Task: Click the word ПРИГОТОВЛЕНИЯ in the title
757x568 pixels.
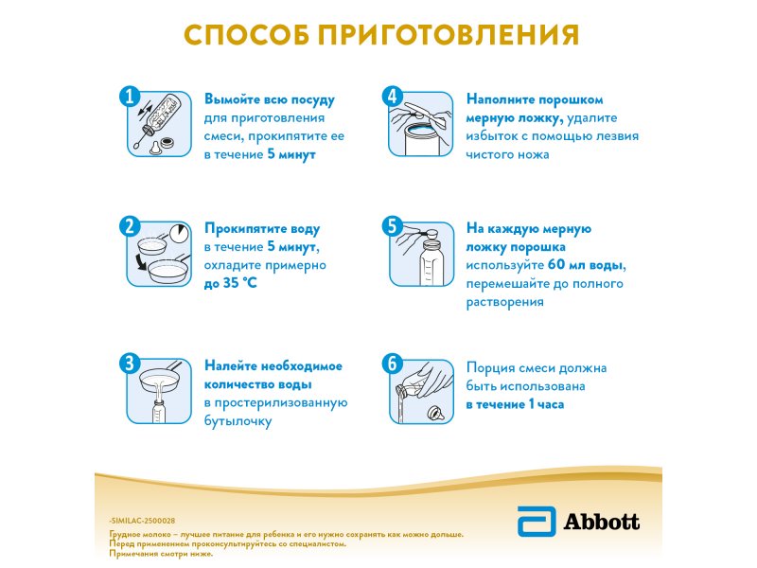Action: pyautogui.click(x=448, y=35)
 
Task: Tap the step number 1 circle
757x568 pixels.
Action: pyautogui.click(x=130, y=97)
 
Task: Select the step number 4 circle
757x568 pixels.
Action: pyautogui.click(x=392, y=97)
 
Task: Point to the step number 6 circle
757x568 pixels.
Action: pyautogui.click(x=392, y=364)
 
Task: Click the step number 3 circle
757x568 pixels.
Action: pyautogui.click(x=130, y=364)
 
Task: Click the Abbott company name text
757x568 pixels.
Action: pyautogui.click(x=601, y=522)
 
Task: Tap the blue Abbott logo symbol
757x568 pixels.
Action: pyautogui.click(x=537, y=522)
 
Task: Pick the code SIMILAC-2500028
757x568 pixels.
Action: pyautogui.click(x=142, y=521)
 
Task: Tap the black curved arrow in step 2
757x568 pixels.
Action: pyautogui.click(x=141, y=263)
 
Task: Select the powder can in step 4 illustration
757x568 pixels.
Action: pyautogui.click(x=421, y=138)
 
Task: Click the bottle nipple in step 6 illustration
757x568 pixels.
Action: pyautogui.click(x=436, y=413)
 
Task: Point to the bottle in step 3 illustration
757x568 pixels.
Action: pyautogui.click(x=159, y=412)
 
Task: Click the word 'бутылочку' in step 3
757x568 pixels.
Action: pyautogui.click(x=238, y=421)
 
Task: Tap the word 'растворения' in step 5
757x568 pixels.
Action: pyautogui.click(x=505, y=302)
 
